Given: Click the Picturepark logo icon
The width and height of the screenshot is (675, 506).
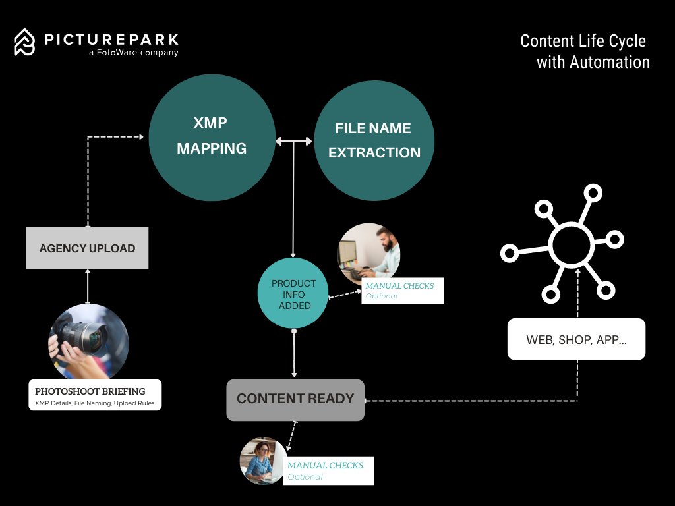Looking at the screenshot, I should coord(24,42).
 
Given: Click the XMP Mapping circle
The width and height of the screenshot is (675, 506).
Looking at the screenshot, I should coord(212,137).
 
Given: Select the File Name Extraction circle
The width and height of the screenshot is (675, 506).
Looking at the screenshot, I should coord(374,140).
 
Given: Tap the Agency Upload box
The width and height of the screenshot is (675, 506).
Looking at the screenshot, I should coord(87,248).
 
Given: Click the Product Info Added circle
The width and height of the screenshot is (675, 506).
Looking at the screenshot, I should coord(293,294).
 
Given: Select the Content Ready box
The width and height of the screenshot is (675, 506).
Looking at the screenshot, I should coord(295,399).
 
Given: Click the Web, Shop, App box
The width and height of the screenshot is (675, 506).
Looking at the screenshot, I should coord(576,339).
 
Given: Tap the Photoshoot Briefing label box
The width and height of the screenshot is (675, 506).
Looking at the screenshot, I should coord(95,395).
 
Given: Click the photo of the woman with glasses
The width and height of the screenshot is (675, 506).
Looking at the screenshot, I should coord(263,461).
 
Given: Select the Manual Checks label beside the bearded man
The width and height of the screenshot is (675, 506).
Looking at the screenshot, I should coord(402,291).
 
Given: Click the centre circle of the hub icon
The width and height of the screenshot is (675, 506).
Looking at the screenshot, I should coord(571,244).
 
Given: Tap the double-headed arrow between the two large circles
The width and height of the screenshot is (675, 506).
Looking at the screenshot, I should coord(294,140).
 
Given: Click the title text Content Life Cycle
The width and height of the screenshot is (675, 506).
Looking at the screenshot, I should coord(583,41).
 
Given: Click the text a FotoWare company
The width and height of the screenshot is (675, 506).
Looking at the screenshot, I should coord(133,53).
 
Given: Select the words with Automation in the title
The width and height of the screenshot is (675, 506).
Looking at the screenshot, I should coord(593,62).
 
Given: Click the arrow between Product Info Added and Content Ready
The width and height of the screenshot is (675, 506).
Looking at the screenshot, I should coord(294,354).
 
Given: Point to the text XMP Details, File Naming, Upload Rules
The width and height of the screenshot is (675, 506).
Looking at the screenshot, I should coord(95,402).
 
